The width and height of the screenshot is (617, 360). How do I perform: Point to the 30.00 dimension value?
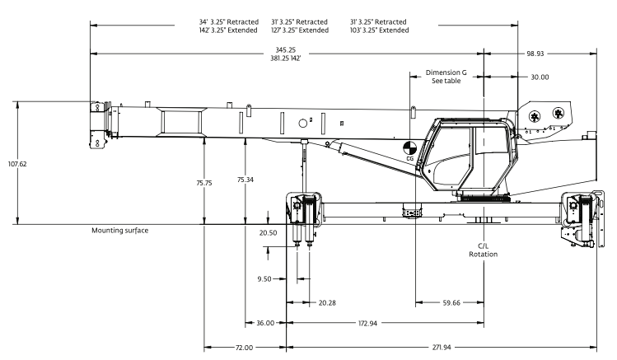pyautogui.click(x=540, y=77)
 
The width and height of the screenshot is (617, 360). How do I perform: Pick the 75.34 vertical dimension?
pyautogui.click(x=245, y=179)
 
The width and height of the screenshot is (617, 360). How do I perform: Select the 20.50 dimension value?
pyautogui.click(x=269, y=233)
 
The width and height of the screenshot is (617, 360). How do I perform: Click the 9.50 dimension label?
pyautogui.click(x=264, y=279)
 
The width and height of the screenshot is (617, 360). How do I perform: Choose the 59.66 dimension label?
pyautogui.click(x=451, y=302)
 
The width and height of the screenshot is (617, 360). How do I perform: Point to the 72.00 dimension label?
pyautogui.click(x=244, y=348)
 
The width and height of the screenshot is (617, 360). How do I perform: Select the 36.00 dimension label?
pyautogui.click(x=265, y=323)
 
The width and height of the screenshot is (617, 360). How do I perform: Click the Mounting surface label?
pyautogui.click(x=120, y=231)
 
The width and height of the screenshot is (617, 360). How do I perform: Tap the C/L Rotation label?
pyautogui.click(x=484, y=250)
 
